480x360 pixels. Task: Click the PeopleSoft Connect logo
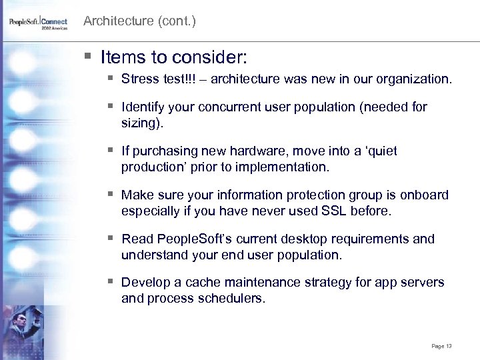click(39, 23)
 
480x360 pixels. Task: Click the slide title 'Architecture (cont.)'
click(139, 21)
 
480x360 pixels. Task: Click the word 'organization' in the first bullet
click(413, 79)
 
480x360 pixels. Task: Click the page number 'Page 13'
click(441, 346)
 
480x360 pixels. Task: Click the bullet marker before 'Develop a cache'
click(110, 283)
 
